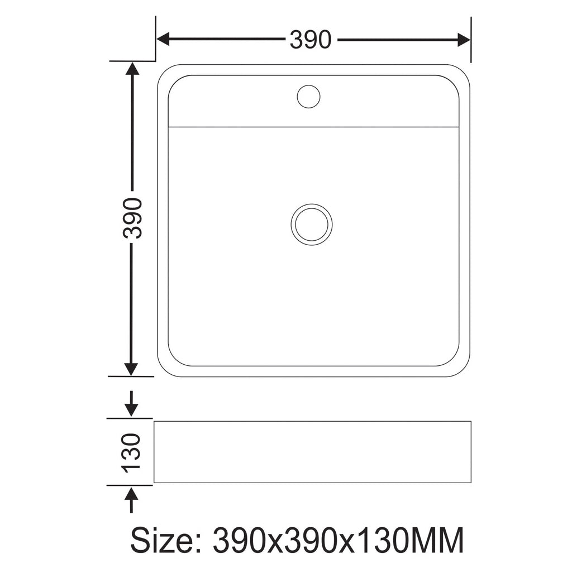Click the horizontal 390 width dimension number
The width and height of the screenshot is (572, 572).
(x=310, y=40)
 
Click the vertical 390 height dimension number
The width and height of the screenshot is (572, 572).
(x=133, y=218)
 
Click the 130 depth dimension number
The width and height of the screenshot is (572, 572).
(x=132, y=451)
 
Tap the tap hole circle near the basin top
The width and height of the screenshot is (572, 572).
(x=308, y=96)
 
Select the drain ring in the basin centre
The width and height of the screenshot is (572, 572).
(x=312, y=225)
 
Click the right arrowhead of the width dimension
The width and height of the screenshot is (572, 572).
(x=464, y=40)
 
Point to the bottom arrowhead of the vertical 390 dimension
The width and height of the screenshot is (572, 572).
(x=131, y=369)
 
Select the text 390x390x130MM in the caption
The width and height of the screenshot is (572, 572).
(x=339, y=540)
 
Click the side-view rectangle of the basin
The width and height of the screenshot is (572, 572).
(x=312, y=452)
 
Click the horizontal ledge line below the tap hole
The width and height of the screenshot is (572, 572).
(x=313, y=127)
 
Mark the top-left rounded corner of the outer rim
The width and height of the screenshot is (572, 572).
(x=163, y=70)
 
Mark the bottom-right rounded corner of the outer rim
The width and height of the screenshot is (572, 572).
(x=463, y=370)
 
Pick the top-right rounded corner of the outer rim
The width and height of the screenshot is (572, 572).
(x=464, y=71)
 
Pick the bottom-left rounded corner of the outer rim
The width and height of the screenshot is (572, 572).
(x=164, y=370)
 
